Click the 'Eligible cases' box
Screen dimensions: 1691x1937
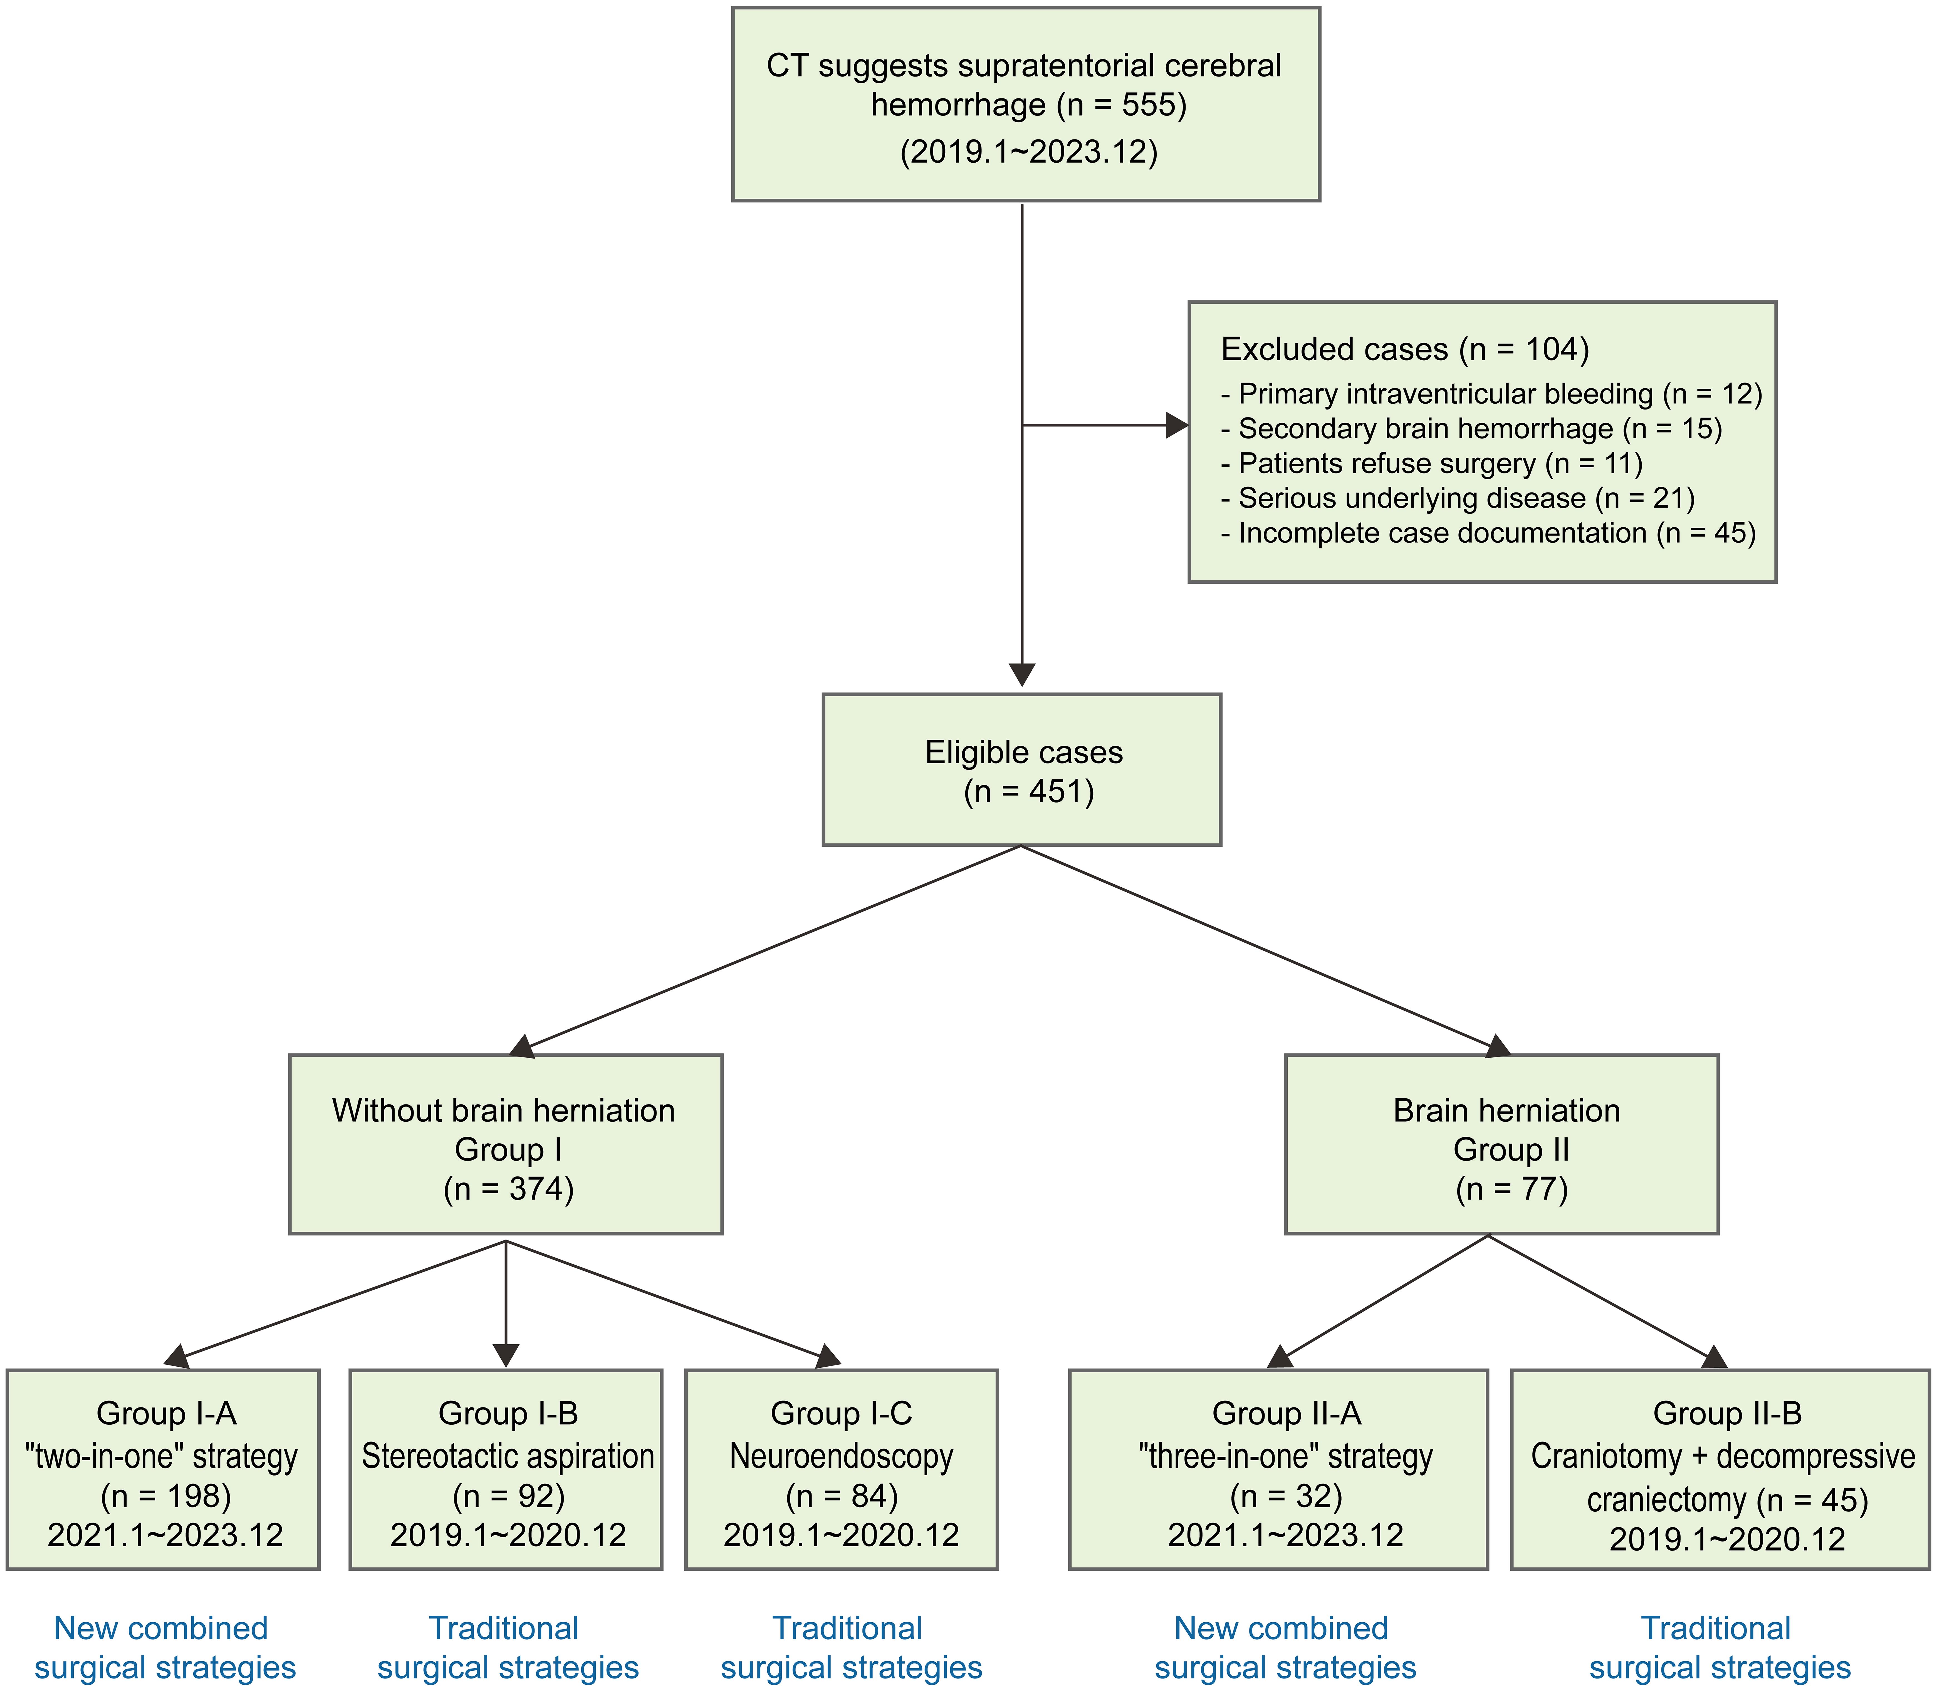tap(1021, 770)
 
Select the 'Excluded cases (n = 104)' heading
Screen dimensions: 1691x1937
tap(1405, 349)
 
